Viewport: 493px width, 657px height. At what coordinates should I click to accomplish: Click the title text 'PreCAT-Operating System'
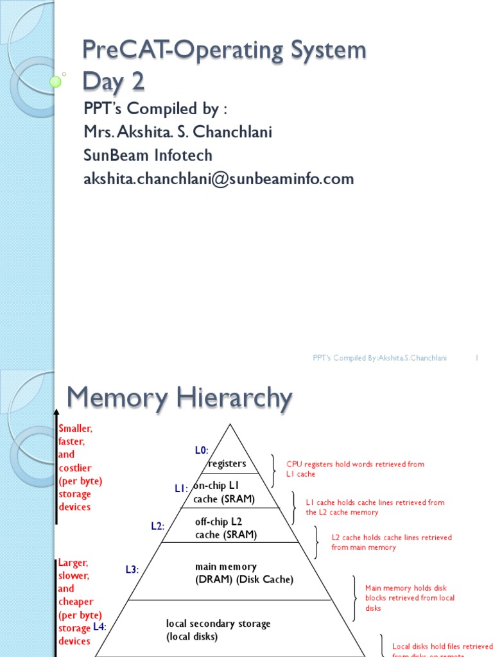225,50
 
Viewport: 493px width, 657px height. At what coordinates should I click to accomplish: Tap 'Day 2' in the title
114,82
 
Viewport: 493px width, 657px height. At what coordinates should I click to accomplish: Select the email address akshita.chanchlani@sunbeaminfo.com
219,178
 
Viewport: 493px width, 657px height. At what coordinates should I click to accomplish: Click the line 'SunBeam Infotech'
148,155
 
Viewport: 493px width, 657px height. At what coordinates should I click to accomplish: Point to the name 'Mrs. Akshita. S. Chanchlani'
178,132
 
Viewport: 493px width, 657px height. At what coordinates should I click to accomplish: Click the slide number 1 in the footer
477,358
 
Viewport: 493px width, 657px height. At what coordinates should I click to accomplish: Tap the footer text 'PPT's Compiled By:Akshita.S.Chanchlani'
379,358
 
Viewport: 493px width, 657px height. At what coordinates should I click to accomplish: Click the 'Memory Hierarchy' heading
180,398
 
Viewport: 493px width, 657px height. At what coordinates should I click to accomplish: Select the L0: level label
202,450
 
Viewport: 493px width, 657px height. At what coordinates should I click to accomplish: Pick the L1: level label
181,489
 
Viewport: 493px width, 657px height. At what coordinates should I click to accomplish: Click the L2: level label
158,526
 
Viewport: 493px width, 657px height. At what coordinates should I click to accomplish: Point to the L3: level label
132,569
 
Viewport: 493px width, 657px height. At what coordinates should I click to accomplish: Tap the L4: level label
99,626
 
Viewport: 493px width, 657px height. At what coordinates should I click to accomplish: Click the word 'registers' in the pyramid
227,463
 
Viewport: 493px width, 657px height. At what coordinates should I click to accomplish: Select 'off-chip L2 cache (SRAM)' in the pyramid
225,528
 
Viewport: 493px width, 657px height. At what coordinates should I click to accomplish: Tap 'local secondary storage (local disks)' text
218,630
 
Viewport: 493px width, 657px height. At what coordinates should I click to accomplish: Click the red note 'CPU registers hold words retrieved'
355,465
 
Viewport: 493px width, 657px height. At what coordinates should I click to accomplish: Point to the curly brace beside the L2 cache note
318,542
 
